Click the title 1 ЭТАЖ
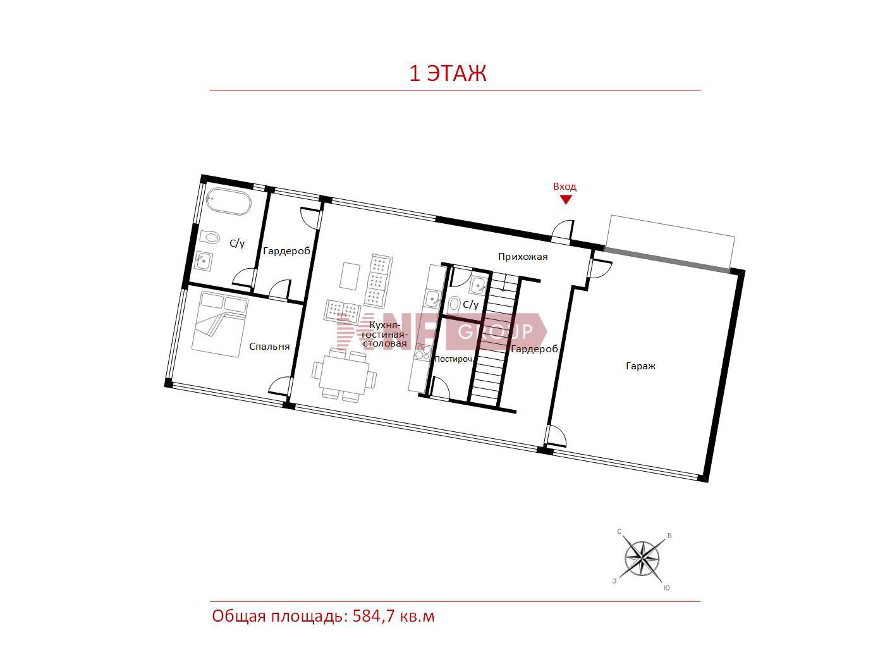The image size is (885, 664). pos(448,73)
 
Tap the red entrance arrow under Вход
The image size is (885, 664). pos(566,200)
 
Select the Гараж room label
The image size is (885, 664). pos(640,366)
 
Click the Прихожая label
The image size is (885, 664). pos(523,257)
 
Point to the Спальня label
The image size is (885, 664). pos(269,347)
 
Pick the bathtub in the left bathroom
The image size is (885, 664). pos(229,202)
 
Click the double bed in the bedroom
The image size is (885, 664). pos(219,324)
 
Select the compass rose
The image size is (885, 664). pos(642,559)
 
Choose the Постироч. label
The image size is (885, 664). pos(453,359)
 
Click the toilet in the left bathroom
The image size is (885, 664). pos(209,237)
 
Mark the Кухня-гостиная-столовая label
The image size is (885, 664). pos(384,335)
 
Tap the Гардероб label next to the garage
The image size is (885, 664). pos(534,349)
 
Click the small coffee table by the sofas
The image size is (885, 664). pos(350,276)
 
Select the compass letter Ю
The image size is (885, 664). pos(666,588)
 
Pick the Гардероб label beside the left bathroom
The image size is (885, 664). pos(286,251)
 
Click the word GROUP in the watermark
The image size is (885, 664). pos(495,331)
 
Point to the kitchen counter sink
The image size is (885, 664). pos(433,298)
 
